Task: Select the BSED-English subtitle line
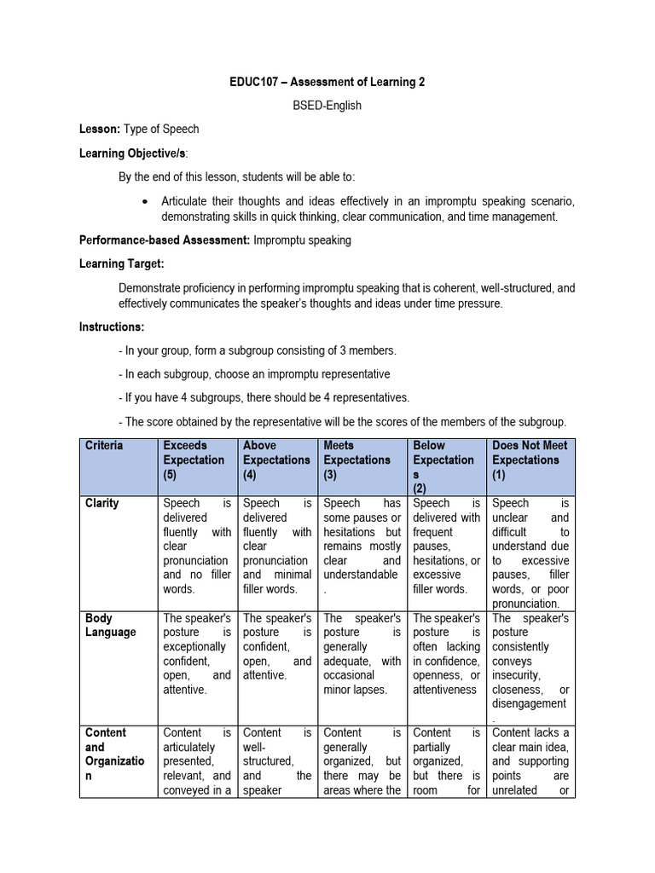[x=327, y=106]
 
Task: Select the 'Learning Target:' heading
[x=122, y=264]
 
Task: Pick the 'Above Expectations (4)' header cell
[x=276, y=460]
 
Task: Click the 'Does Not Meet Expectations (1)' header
[x=530, y=460]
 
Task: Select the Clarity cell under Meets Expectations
[x=361, y=539]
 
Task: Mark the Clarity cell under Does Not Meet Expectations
[x=530, y=552]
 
